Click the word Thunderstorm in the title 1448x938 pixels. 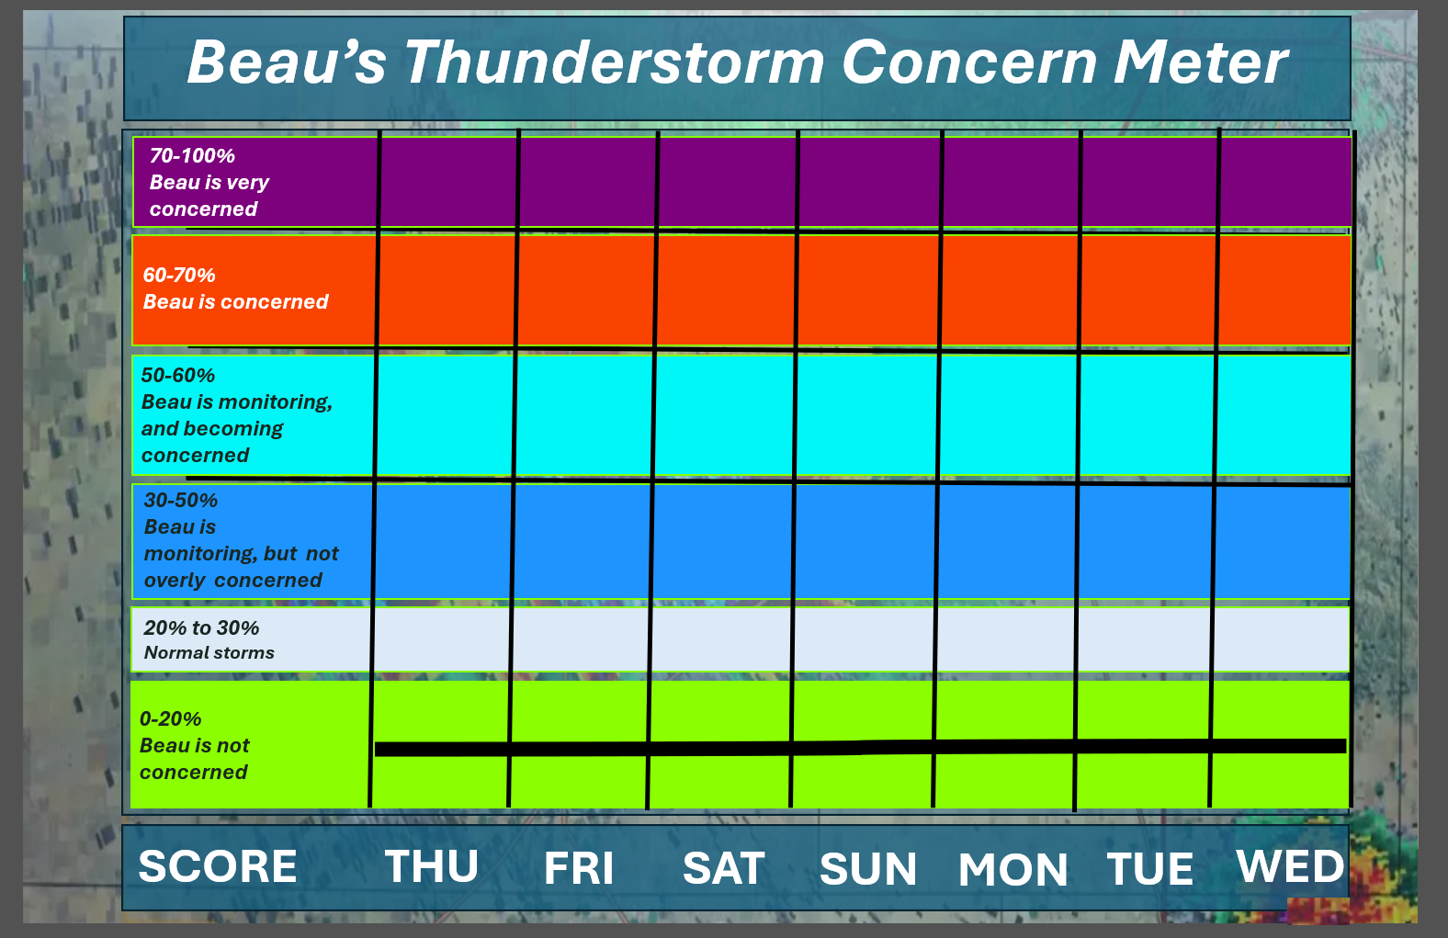pyautogui.click(x=614, y=62)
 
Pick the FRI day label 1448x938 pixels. pyautogui.click(x=579, y=867)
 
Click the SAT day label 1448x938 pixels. pyautogui.click(x=724, y=867)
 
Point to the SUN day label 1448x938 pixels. pyautogui.click(x=868, y=869)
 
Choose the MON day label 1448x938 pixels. pyautogui.click(x=1012, y=869)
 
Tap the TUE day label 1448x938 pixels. pyautogui.click(x=1150, y=868)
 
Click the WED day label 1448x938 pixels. pyautogui.click(x=1290, y=865)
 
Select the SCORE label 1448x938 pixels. pyautogui.click(x=218, y=865)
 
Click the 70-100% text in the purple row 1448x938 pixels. pyautogui.click(x=192, y=155)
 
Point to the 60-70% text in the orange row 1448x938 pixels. pyautogui.click(x=179, y=275)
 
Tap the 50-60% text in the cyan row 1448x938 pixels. pyautogui.click(x=177, y=375)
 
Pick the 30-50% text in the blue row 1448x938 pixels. pyautogui.click(x=180, y=500)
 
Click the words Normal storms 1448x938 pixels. pyautogui.click(x=209, y=652)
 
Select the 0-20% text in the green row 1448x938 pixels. pyautogui.click(x=170, y=718)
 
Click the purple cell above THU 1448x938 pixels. pyautogui.click(x=448, y=182)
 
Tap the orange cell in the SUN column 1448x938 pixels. pyautogui.click(x=868, y=290)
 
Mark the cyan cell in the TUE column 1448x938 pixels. pyautogui.click(x=1148, y=415)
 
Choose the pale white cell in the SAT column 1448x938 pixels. pyautogui.click(x=720, y=639)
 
